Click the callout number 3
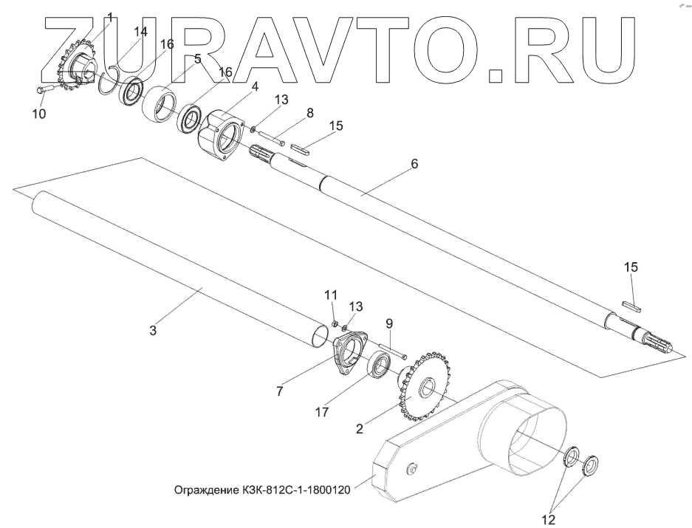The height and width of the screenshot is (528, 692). (x=153, y=331)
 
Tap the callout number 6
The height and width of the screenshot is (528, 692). (x=414, y=164)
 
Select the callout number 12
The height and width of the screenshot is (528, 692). (x=547, y=520)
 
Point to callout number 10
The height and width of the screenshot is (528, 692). (x=39, y=114)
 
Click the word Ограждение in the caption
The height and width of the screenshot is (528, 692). (x=204, y=490)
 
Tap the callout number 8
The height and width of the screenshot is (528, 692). (x=310, y=112)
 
